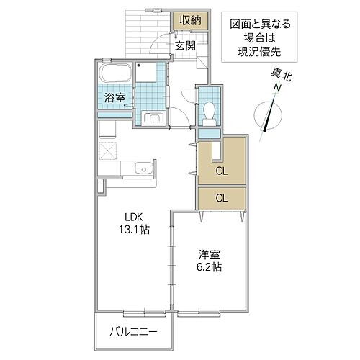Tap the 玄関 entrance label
point(185,45)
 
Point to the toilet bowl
point(210,110)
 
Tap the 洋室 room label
point(210,253)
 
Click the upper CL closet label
point(222,171)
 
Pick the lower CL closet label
point(222,197)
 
